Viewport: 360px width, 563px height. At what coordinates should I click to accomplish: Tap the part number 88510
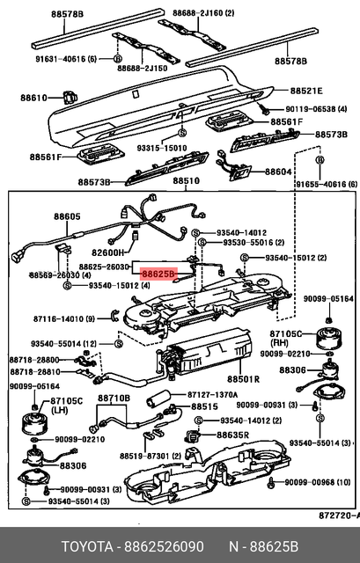point(186,181)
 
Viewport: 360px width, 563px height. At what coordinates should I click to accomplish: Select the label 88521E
point(307,91)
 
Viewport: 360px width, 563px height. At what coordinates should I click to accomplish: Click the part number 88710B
point(114,398)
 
